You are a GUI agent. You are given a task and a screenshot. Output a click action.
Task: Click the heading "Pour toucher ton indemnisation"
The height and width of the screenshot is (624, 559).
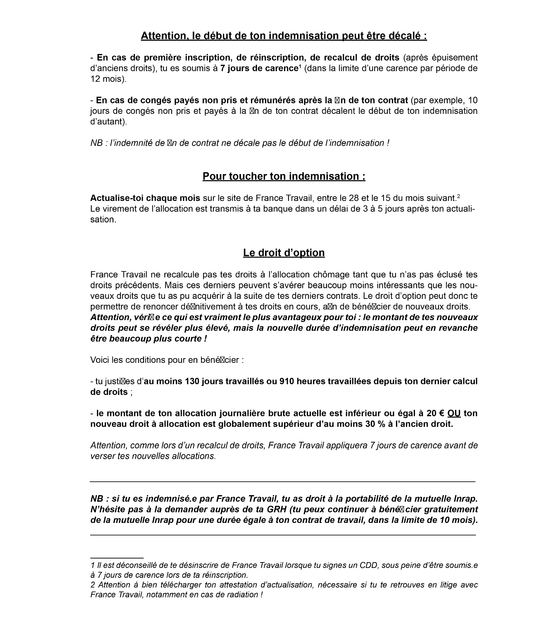point(284,176)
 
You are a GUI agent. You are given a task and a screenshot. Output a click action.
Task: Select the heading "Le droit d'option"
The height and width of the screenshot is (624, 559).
point(284,253)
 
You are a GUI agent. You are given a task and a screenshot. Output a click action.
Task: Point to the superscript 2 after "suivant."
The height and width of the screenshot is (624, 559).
point(458,196)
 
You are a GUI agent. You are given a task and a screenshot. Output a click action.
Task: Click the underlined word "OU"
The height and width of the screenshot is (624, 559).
point(454,413)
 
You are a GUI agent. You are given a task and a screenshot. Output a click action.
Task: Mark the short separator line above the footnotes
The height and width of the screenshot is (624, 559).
point(117,558)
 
